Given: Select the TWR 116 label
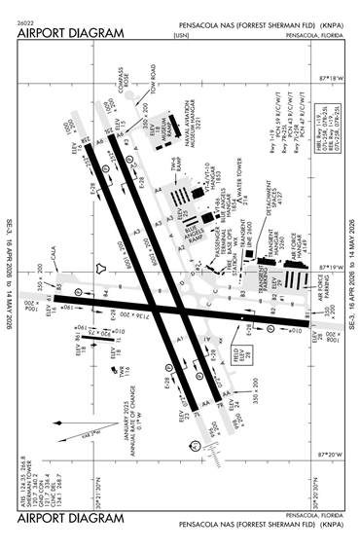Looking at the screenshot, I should pos(126,371).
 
